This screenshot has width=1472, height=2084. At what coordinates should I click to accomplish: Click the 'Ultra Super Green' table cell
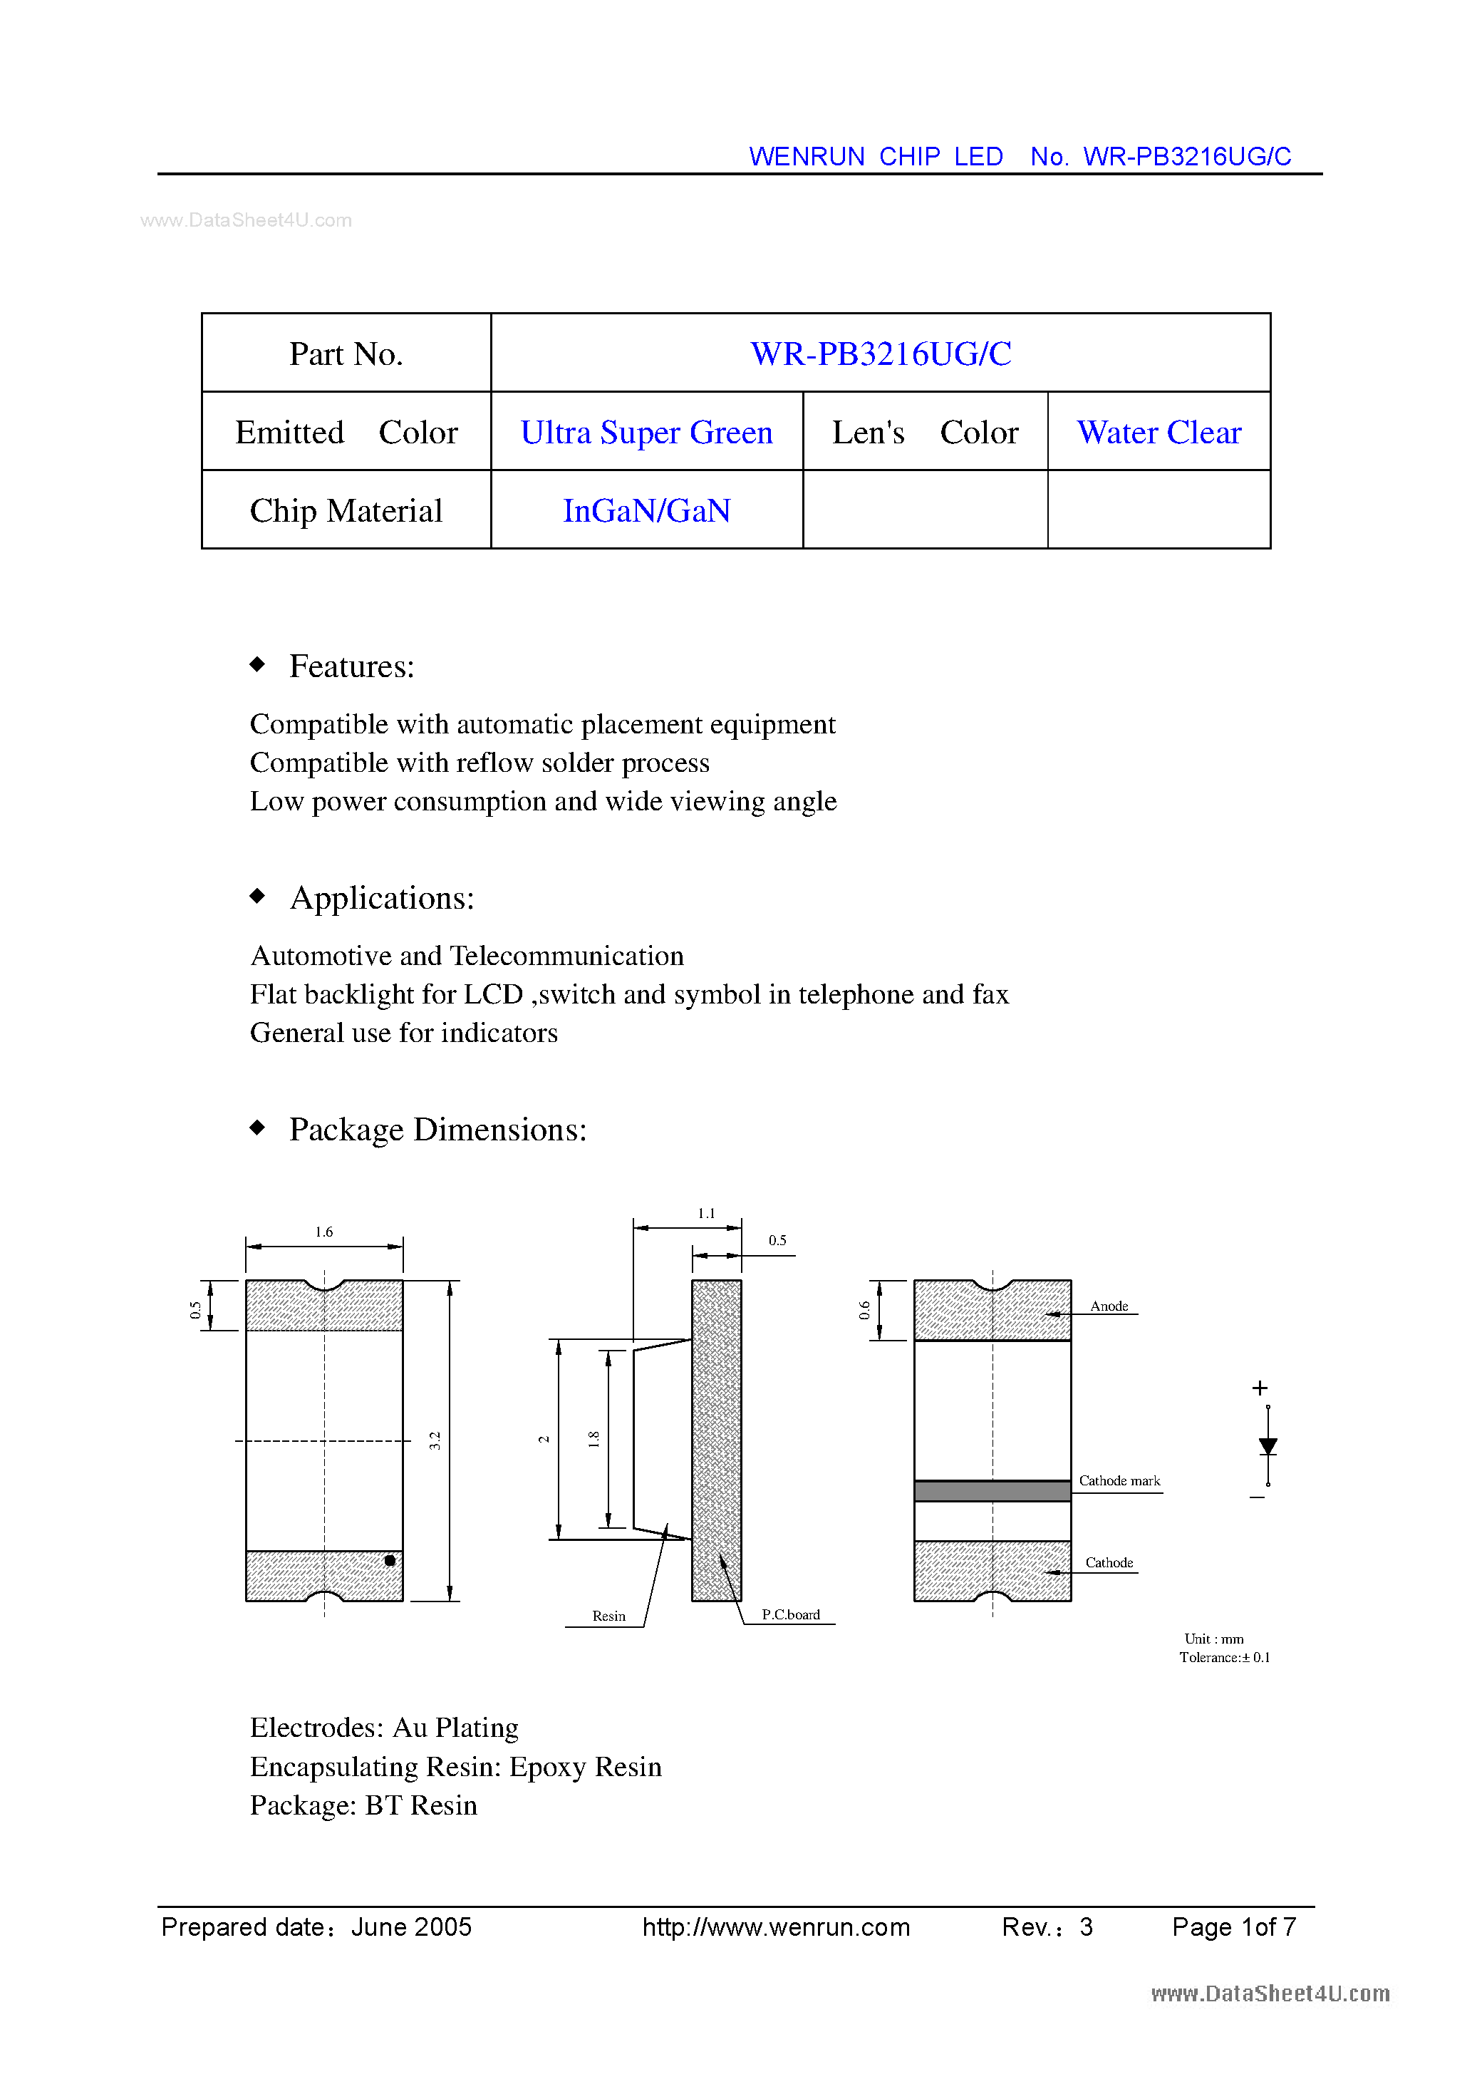click(646, 432)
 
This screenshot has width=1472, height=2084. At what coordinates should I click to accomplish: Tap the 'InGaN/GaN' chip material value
click(646, 511)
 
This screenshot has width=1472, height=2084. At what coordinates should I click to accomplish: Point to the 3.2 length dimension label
click(435, 1440)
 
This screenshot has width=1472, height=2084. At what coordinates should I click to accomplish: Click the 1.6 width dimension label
click(324, 1232)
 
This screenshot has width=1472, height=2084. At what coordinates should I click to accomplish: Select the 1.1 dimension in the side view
click(706, 1214)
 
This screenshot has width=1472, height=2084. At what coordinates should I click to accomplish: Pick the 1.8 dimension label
click(594, 1439)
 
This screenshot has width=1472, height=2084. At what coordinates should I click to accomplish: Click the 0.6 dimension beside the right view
click(865, 1310)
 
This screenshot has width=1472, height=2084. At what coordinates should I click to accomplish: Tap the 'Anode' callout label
click(1109, 1306)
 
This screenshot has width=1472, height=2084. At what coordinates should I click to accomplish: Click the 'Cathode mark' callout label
click(1119, 1480)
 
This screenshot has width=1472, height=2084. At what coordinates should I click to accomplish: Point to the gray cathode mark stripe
click(992, 1491)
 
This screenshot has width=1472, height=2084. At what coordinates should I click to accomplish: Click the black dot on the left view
click(389, 1560)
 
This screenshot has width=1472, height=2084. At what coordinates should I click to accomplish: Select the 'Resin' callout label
click(609, 1616)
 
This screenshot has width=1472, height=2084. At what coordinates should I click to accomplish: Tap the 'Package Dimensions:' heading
click(437, 1129)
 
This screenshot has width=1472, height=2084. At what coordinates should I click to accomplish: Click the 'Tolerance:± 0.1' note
click(1224, 1657)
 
